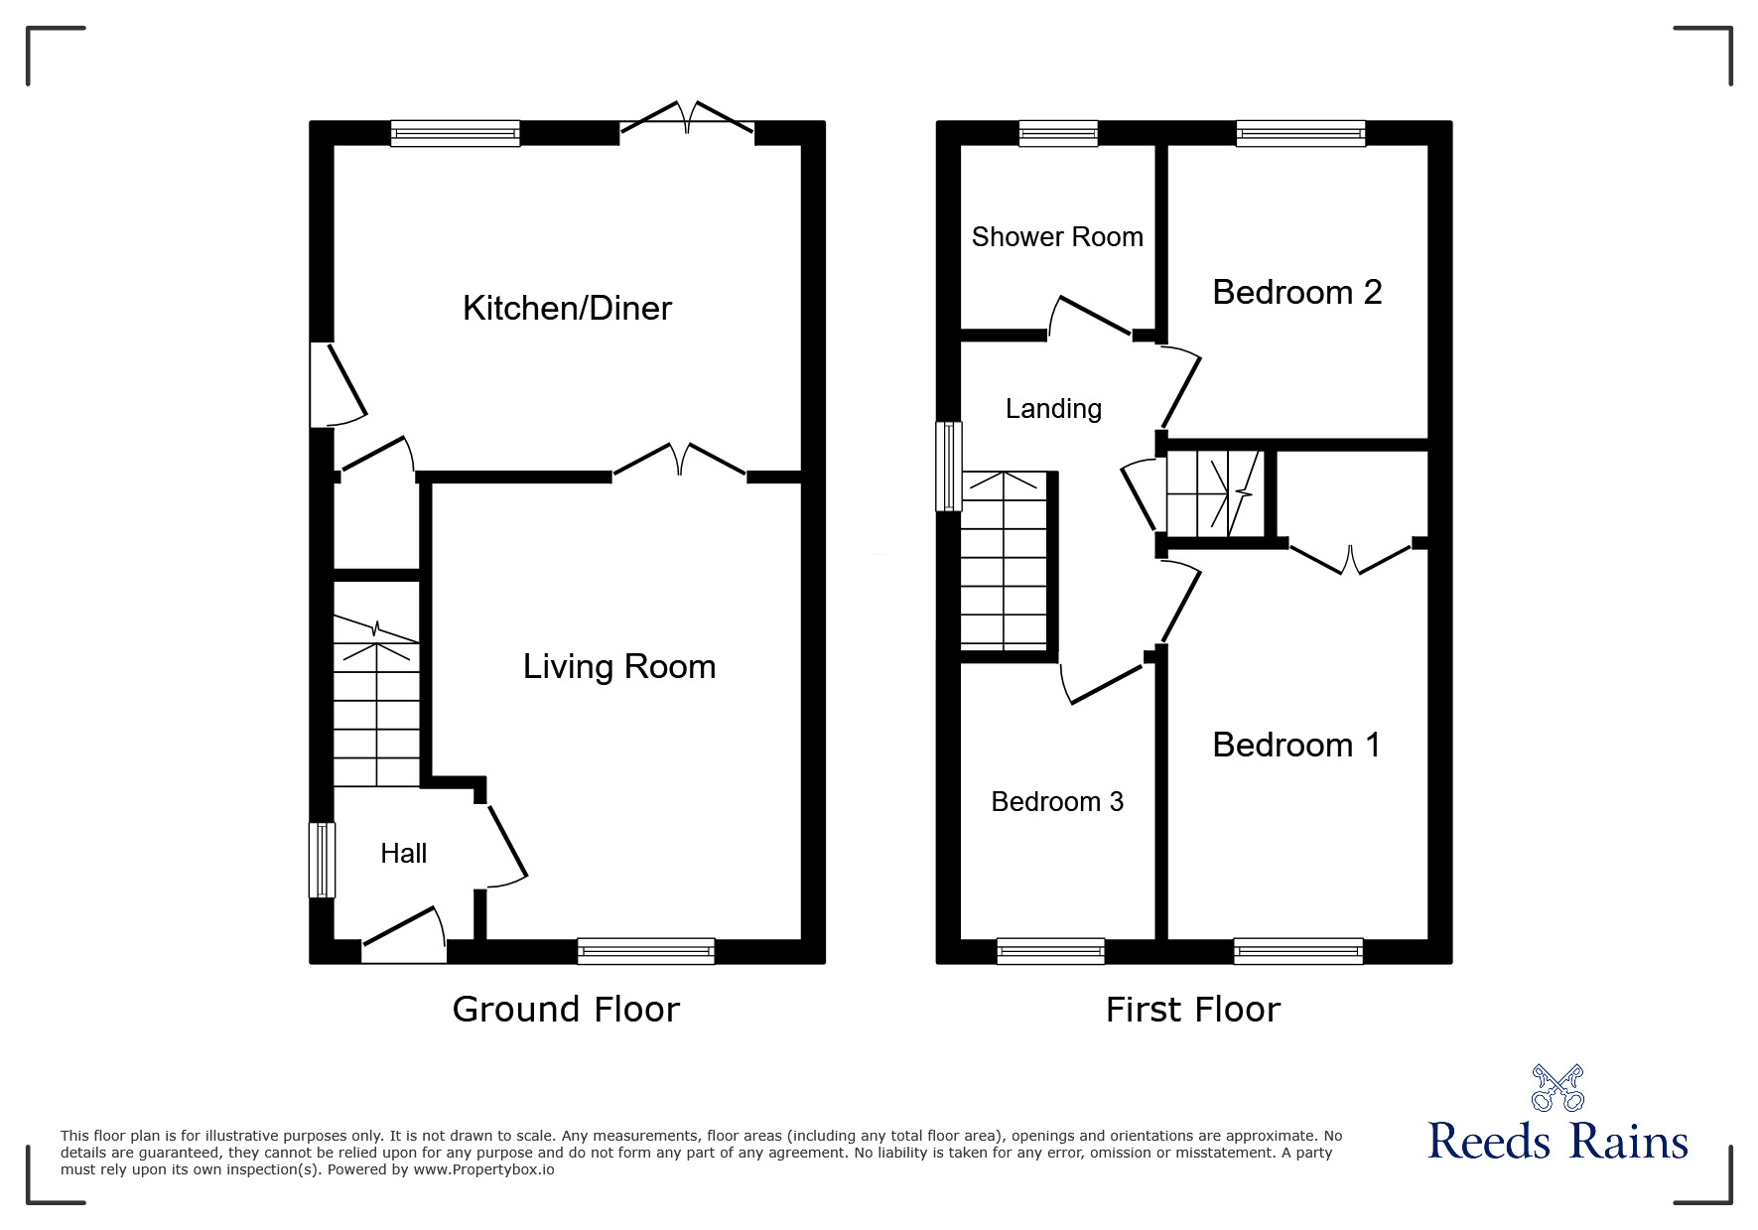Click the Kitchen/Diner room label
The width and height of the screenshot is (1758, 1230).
point(567,308)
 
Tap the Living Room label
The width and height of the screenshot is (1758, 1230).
point(618,666)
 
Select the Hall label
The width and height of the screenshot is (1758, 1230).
point(403,853)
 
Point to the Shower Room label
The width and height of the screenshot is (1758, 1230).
point(1056,236)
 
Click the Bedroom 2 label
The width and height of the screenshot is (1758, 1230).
point(1296,292)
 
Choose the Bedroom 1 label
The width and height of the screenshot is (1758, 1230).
point(1296,745)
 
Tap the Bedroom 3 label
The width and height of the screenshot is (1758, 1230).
point(1056,801)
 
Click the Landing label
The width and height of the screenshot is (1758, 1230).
point(1052,408)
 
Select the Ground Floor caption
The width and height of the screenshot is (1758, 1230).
point(566,1010)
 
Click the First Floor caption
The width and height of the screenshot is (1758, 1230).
point(1192,1010)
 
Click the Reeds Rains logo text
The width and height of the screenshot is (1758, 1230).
point(1556,1142)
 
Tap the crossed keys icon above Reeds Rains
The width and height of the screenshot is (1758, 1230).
point(1556,1087)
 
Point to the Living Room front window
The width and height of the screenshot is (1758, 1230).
point(645,950)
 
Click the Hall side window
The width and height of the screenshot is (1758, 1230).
point(322,860)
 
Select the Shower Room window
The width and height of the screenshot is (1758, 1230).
point(1058,133)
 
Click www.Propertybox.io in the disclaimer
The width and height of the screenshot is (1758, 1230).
point(483,1169)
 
